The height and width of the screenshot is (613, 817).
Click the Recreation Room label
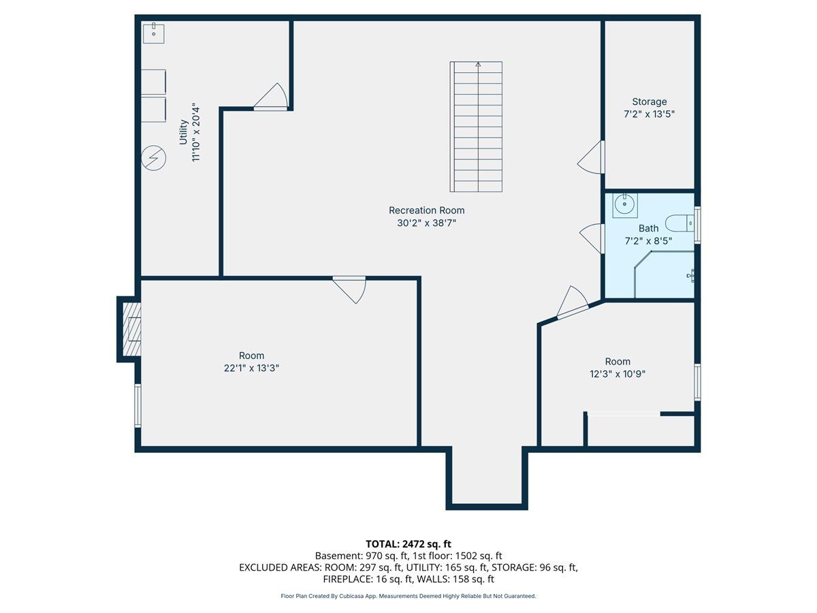click(x=427, y=210)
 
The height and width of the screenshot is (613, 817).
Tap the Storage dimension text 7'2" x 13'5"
click(x=649, y=114)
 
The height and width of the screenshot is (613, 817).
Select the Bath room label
click(x=648, y=228)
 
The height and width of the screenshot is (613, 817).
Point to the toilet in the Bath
click(x=679, y=223)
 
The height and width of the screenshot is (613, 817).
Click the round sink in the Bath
click(x=624, y=204)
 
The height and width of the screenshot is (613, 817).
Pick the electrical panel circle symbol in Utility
click(x=153, y=158)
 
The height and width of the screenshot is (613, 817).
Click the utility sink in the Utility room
click(x=154, y=33)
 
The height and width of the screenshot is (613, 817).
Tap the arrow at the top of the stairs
click(x=478, y=65)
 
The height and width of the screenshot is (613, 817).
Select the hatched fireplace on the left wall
click(x=132, y=329)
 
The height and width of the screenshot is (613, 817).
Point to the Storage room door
click(x=591, y=157)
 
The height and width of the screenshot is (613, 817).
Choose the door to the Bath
click(x=592, y=238)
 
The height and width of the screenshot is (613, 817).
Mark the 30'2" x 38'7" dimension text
click(x=427, y=223)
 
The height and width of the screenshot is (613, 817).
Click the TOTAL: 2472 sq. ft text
click(x=408, y=544)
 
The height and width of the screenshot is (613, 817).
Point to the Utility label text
click(x=183, y=131)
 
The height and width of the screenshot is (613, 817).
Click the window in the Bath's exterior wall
click(x=698, y=225)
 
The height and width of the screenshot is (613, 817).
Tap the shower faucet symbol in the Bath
click(x=690, y=276)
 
